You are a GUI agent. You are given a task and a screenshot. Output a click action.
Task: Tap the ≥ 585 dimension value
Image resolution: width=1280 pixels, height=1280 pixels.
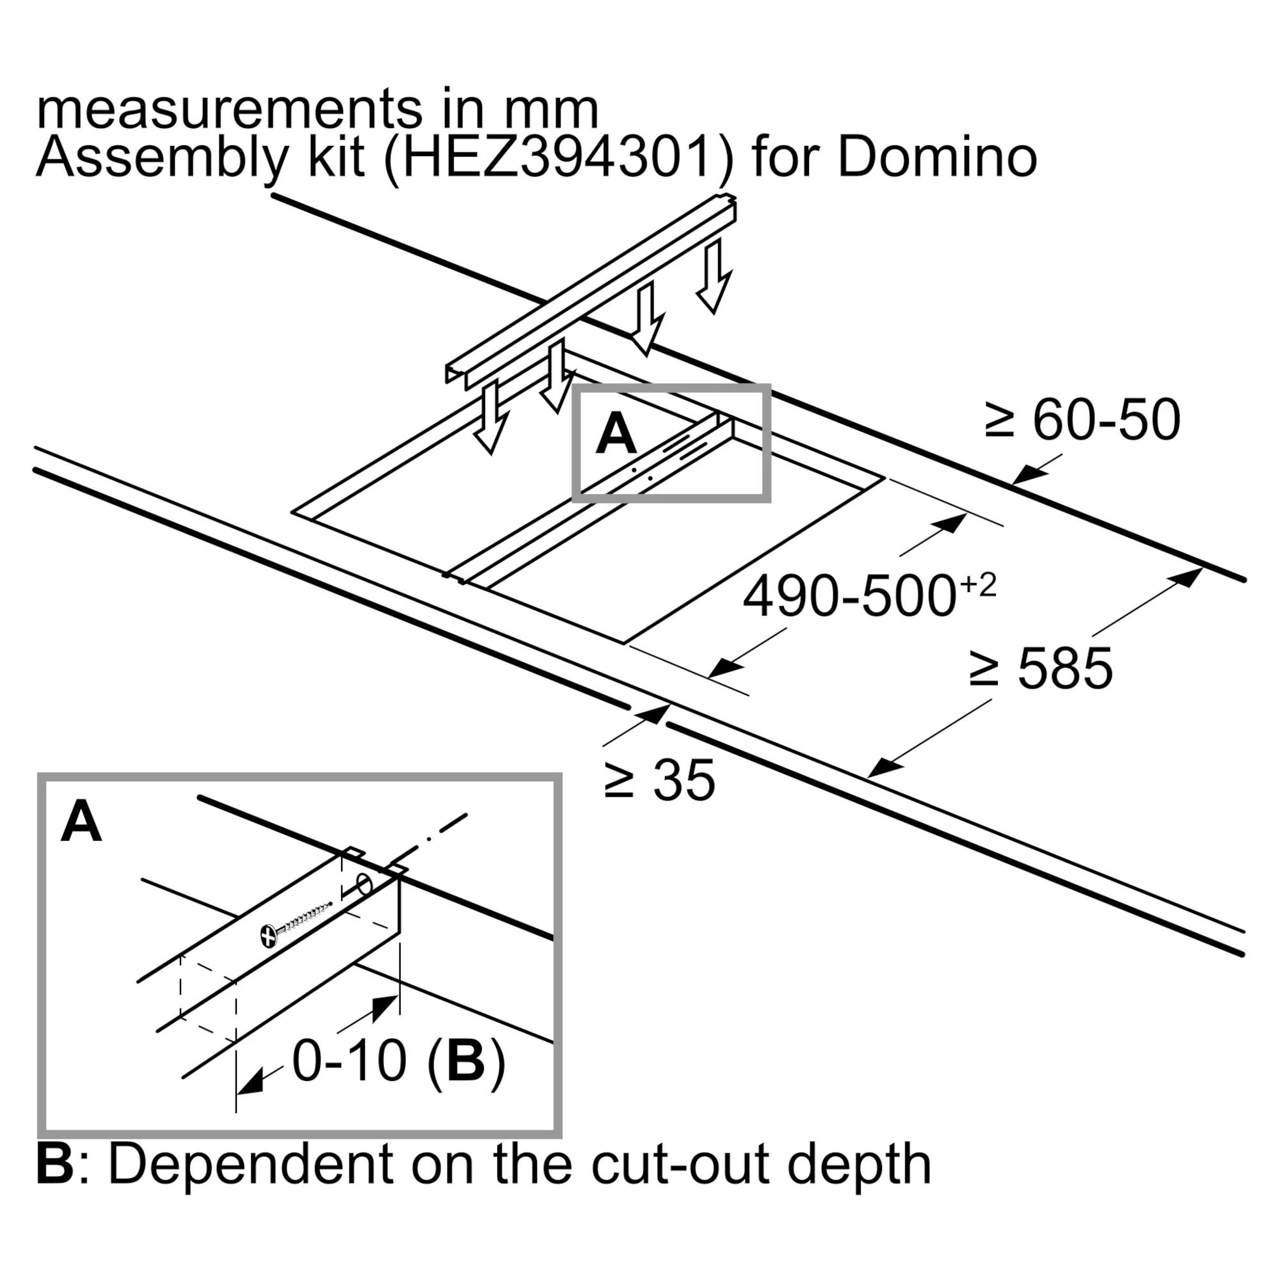click(x=1041, y=669)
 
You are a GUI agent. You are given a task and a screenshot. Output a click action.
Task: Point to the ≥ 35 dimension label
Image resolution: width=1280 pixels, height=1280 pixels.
click(x=660, y=780)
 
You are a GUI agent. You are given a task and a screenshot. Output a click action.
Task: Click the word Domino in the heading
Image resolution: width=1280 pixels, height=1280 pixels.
click(x=937, y=157)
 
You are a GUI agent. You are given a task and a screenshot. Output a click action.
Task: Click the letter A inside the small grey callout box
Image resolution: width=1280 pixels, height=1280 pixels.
click(x=616, y=435)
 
